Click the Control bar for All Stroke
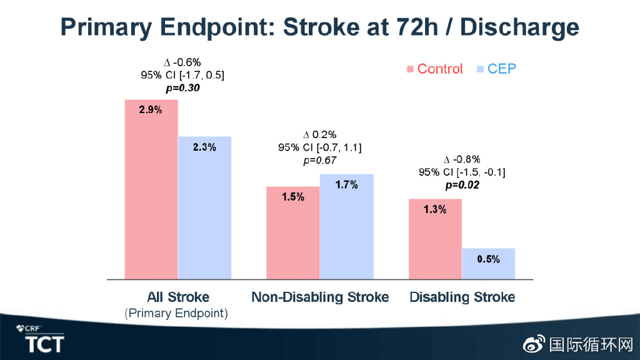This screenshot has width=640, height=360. (x=151, y=189)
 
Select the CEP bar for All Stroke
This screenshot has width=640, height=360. (x=205, y=207)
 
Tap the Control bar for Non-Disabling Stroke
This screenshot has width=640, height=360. (x=293, y=233)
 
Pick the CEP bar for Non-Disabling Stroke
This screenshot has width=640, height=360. (x=346, y=227)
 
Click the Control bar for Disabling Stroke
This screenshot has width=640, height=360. (x=435, y=239)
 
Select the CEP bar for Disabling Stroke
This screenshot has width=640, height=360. (x=489, y=264)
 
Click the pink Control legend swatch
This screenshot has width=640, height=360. (x=410, y=69)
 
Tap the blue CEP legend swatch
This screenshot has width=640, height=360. (x=481, y=69)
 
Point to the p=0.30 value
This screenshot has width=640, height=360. (x=183, y=88)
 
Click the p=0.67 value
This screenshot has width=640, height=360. (x=320, y=161)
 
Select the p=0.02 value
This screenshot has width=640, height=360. (x=462, y=185)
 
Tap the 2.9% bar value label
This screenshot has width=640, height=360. (x=151, y=110)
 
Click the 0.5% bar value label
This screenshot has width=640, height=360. (x=489, y=259)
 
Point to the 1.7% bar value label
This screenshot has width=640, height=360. (x=346, y=185)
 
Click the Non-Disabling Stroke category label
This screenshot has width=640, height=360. (x=320, y=297)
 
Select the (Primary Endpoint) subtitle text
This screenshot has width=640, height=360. (x=176, y=314)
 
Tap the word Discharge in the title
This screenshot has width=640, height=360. (x=519, y=27)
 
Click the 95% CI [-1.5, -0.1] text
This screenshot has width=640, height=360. (x=462, y=172)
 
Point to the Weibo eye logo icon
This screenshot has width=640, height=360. (x=534, y=344)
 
